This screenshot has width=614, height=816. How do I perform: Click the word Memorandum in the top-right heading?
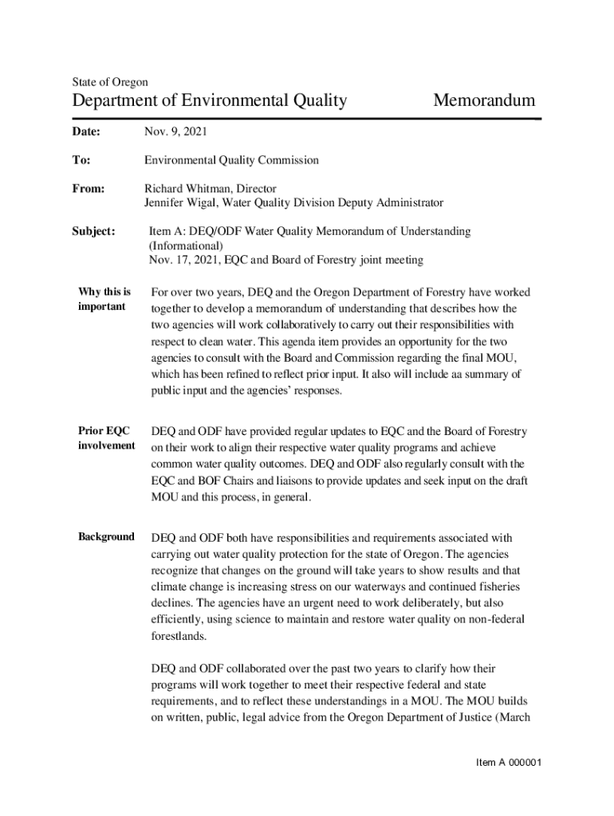[x=483, y=100]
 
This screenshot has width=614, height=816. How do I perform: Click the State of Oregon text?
[x=110, y=82]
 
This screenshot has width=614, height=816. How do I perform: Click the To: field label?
[x=81, y=160]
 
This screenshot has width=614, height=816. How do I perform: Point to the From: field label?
[x=89, y=189]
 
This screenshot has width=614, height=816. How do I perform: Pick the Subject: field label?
[x=94, y=231]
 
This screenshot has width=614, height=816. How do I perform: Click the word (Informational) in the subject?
[x=186, y=245]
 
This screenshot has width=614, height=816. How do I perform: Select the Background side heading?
[x=106, y=536]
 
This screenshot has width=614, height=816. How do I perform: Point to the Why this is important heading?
[x=104, y=299]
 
